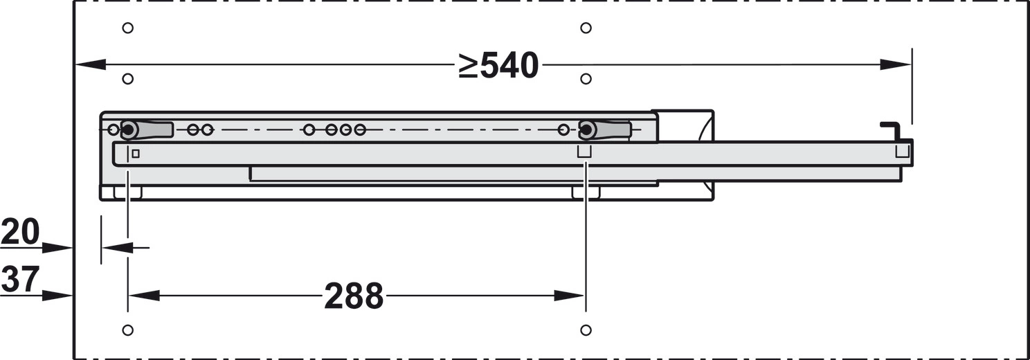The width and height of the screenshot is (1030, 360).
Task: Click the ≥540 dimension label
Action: (498, 66)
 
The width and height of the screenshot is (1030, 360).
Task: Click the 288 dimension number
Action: (354, 296)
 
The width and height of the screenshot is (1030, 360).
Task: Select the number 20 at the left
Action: (20, 232)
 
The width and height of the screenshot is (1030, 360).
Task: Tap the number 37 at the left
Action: (20, 279)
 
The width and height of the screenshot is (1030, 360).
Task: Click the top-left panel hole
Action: (128, 28)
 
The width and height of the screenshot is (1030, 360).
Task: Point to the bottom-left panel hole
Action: (128, 330)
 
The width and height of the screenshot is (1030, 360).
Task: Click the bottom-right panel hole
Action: (586, 330)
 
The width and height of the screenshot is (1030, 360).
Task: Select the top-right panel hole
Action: (586, 28)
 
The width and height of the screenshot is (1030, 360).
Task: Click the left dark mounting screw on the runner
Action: (128, 130)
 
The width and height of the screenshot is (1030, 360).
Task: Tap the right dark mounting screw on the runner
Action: (586, 130)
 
